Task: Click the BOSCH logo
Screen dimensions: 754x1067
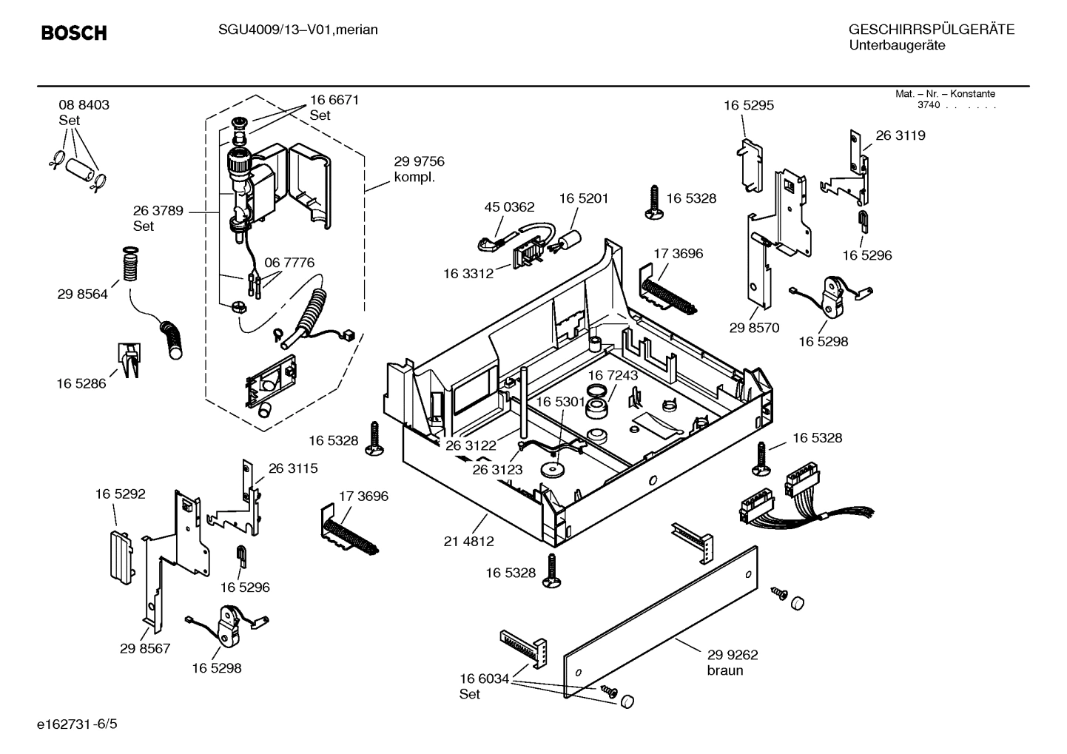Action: [x=74, y=33]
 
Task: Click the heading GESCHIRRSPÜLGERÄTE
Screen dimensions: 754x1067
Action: [x=931, y=30]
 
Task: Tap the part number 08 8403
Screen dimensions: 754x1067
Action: [x=84, y=105]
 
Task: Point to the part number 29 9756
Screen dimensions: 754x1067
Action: [x=419, y=162]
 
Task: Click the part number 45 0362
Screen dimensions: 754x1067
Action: [x=509, y=207]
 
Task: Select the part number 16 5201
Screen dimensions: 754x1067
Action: [x=583, y=198]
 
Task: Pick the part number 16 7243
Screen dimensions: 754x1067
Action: [x=613, y=376]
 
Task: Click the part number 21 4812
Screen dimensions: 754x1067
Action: [x=468, y=542]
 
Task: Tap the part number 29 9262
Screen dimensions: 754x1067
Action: [x=733, y=655]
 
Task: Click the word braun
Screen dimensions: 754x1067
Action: [x=725, y=671]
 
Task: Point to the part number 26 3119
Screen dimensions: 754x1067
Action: [x=901, y=135]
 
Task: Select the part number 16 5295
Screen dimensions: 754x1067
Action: [x=749, y=106]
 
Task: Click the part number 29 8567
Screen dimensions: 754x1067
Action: [x=145, y=649]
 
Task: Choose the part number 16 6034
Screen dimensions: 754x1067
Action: [x=484, y=679]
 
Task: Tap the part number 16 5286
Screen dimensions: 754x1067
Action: [x=81, y=383]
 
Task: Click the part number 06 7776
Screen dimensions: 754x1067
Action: [x=289, y=263]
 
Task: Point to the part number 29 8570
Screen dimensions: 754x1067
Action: [x=754, y=328]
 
